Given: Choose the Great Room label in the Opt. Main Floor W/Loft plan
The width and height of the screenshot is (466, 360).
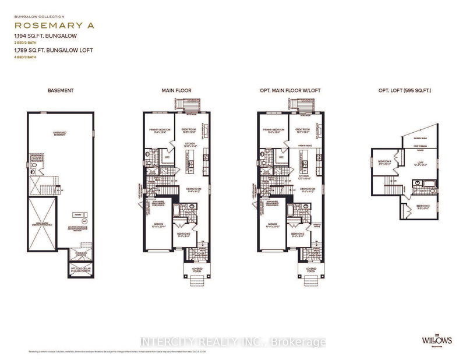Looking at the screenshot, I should pos(302,130).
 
